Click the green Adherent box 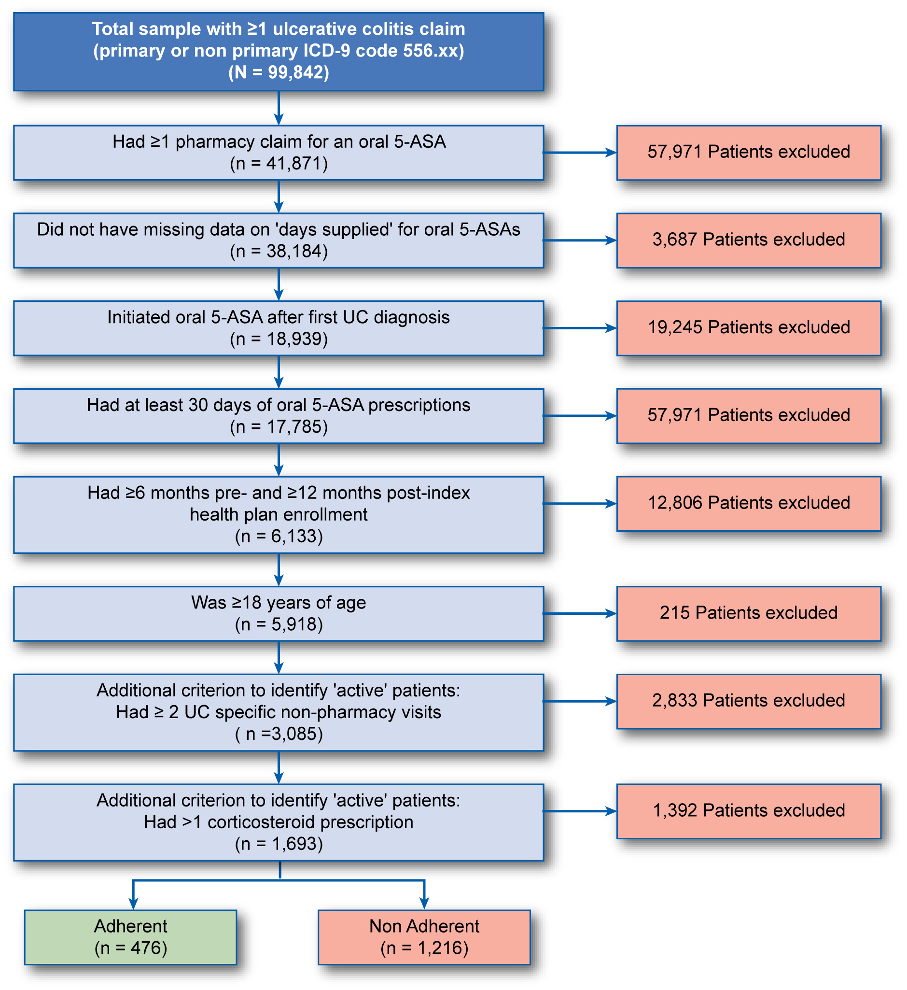pyautogui.click(x=130, y=936)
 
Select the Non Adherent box pyautogui.click(x=424, y=936)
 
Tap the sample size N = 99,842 pyautogui.click(x=279, y=72)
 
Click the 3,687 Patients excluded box pyautogui.click(x=749, y=240)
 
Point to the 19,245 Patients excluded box pyautogui.click(x=749, y=328)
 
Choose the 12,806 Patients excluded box pyautogui.click(x=749, y=503)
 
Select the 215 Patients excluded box pyautogui.click(x=749, y=613)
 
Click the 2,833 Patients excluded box pyautogui.click(x=749, y=701)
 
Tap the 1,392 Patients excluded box pyautogui.click(x=749, y=811)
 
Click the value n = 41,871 pyautogui.click(x=279, y=164)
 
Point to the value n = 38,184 pyautogui.click(x=279, y=252)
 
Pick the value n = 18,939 pyautogui.click(x=279, y=339)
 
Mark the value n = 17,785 pyautogui.click(x=279, y=427)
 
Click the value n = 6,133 pyautogui.click(x=279, y=536)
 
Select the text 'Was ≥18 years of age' pyautogui.click(x=279, y=603)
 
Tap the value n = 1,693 pyautogui.click(x=279, y=844)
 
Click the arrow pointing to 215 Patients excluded pyautogui.click(x=580, y=613)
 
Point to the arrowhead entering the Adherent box pyautogui.click(x=133, y=904)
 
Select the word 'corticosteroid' pyautogui.click(x=261, y=822)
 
